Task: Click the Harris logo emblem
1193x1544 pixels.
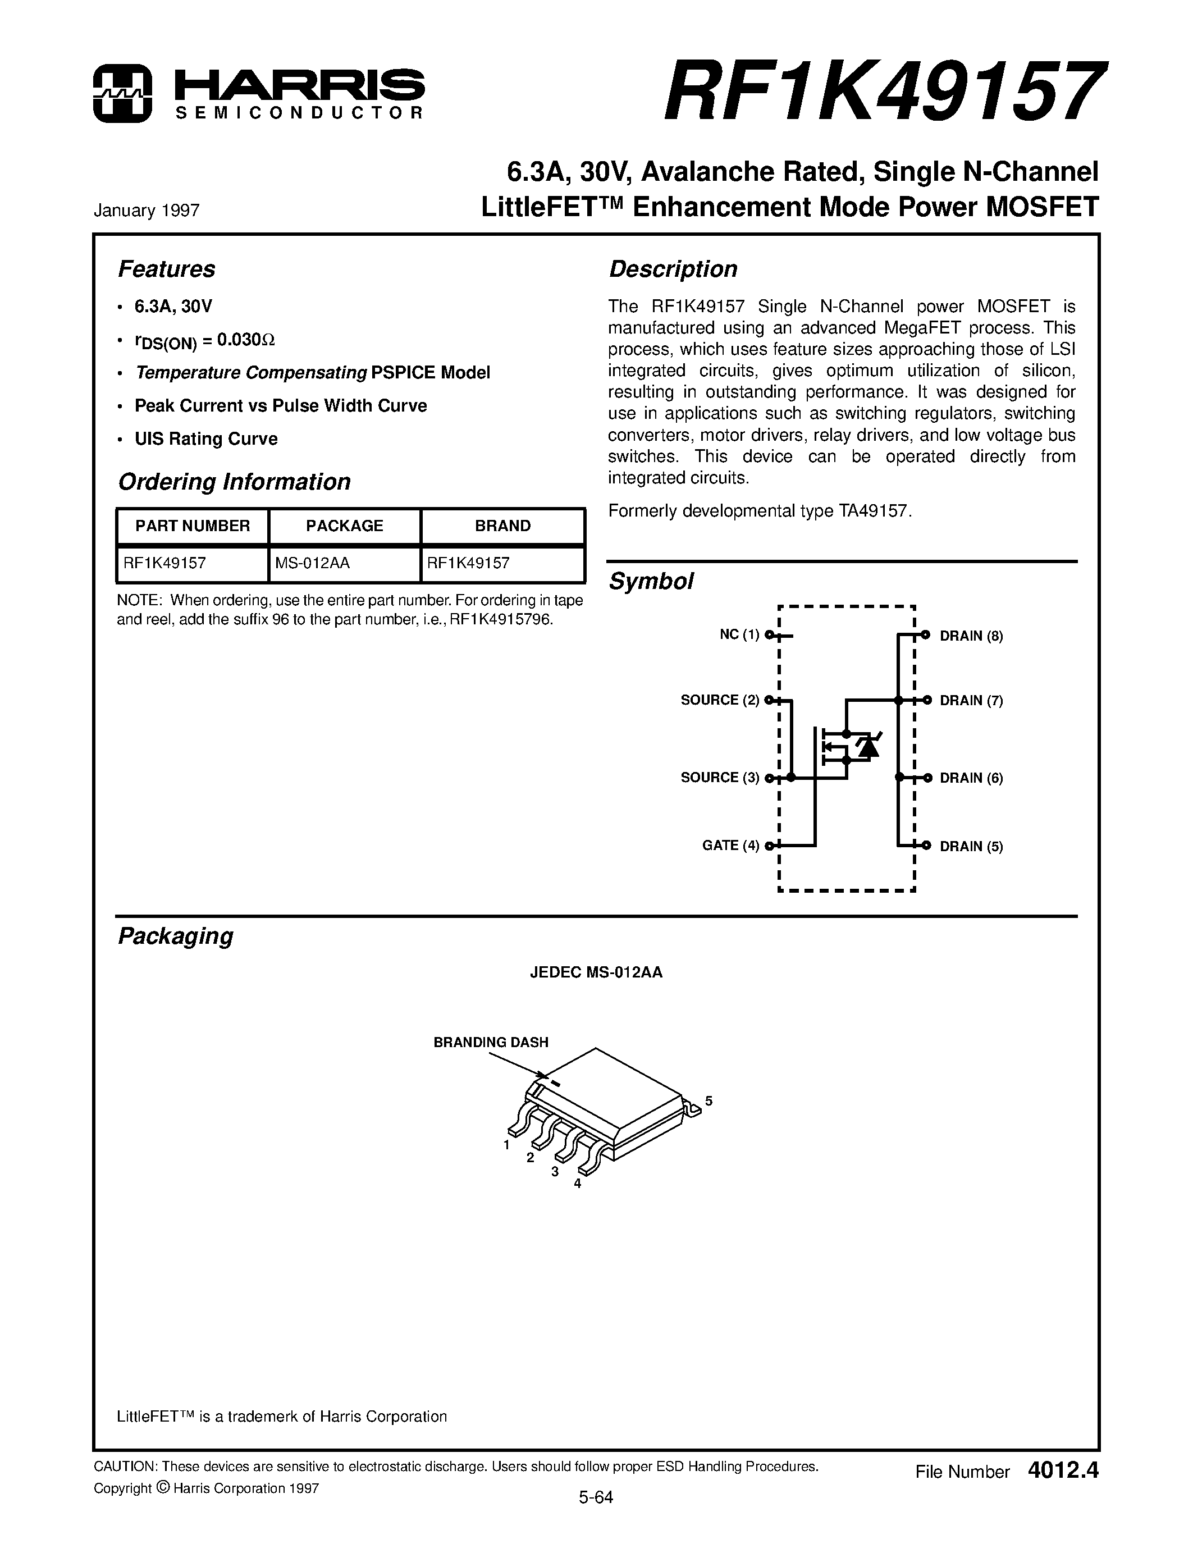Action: pyautogui.click(x=122, y=93)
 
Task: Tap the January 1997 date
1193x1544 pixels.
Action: pyautogui.click(x=147, y=211)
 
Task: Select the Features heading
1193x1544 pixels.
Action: pyautogui.click(x=166, y=269)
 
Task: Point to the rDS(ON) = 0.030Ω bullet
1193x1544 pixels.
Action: pyautogui.click(x=204, y=341)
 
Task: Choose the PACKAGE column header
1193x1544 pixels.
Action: pyautogui.click(x=344, y=526)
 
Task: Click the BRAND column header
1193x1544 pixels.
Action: pyautogui.click(x=502, y=526)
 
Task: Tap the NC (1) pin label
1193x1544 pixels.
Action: pyautogui.click(x=739, y=635)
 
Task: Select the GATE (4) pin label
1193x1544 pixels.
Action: pyautogui.click(x=730, y=846)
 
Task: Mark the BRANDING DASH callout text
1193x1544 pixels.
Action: pyautogui.click(x=491, y=1042)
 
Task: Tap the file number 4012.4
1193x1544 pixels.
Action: pyautogui.click(x=1064, y=1471)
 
